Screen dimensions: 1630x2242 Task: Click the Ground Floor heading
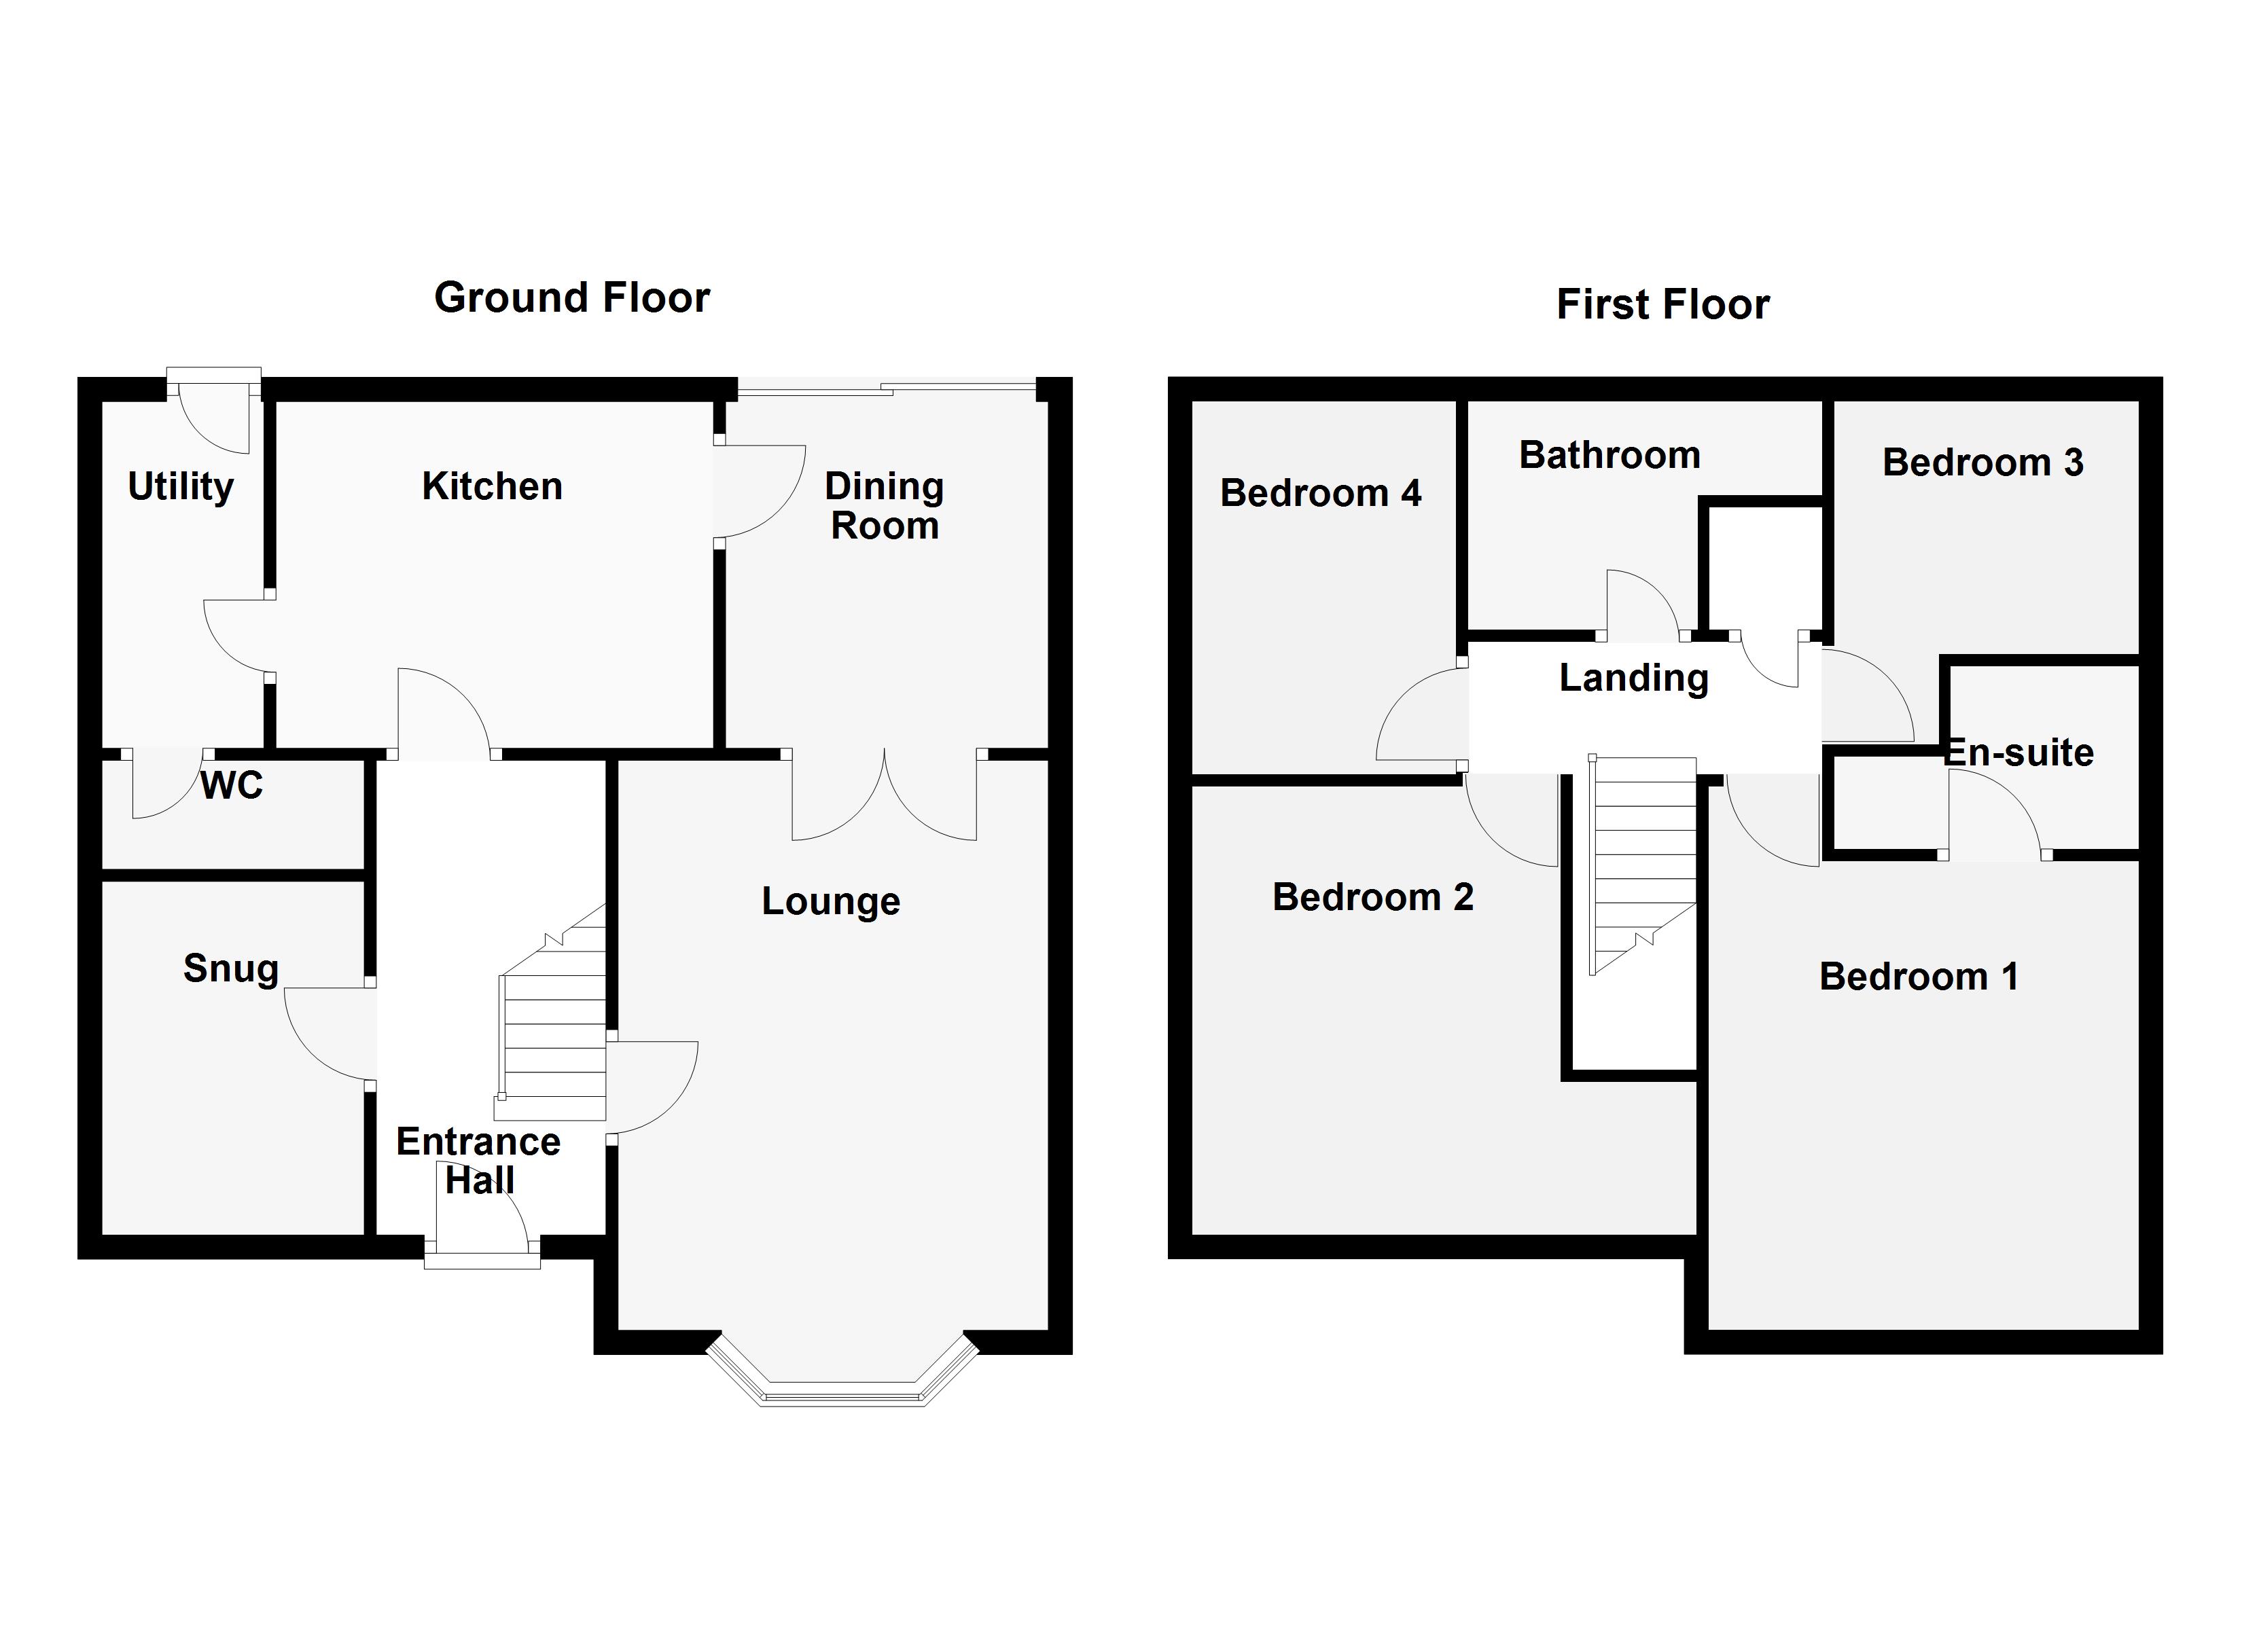571,297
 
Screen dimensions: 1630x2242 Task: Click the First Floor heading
1662,304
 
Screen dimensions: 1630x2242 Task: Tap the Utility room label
181,486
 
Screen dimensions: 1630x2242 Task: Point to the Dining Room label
884,506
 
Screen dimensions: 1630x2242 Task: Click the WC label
231,786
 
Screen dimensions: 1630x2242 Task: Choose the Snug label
230,968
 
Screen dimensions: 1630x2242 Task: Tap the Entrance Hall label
478,1161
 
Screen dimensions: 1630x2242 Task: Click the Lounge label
830,901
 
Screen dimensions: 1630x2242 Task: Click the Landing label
1633,678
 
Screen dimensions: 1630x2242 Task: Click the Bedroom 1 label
1918,977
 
